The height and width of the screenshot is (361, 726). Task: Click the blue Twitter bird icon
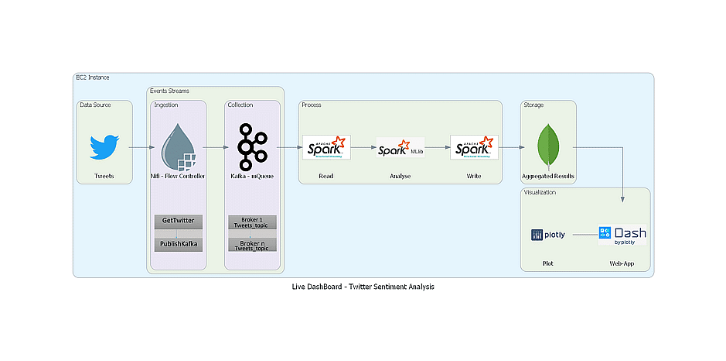point(104,147)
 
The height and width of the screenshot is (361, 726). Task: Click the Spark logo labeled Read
point(326,147)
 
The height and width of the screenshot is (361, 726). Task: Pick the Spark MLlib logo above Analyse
point(400,148)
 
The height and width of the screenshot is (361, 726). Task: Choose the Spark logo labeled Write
point(474,147)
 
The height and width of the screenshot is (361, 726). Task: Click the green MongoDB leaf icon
point(548,147)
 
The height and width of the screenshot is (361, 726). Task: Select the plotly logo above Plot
point(547,235)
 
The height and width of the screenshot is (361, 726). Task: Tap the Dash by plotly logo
point(622,235)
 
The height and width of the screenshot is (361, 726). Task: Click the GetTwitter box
point(178,221)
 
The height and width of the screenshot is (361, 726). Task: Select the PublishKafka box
point(178,244)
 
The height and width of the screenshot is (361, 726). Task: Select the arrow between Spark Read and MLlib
point(363,146)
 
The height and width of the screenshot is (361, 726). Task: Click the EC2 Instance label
point(92,78)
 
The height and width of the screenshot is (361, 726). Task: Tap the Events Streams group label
point(169,91)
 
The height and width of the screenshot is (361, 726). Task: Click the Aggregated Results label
point(548,177)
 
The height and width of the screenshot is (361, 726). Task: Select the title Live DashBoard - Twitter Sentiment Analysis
point(363,287)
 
